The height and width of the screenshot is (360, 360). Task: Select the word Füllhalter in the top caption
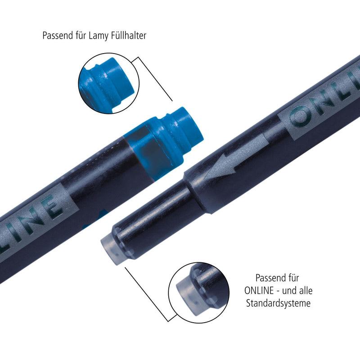coord(129,36)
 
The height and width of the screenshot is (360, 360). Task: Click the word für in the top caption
coord(81,36)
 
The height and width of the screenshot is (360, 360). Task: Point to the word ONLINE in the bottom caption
coord(259,291)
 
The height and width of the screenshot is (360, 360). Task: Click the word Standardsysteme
coord(278,303)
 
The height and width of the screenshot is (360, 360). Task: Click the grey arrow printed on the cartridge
coord(237,157)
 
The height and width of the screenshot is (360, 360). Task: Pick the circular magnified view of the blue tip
coord(109,83)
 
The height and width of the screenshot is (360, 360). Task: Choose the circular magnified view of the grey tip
coord(199,293)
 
